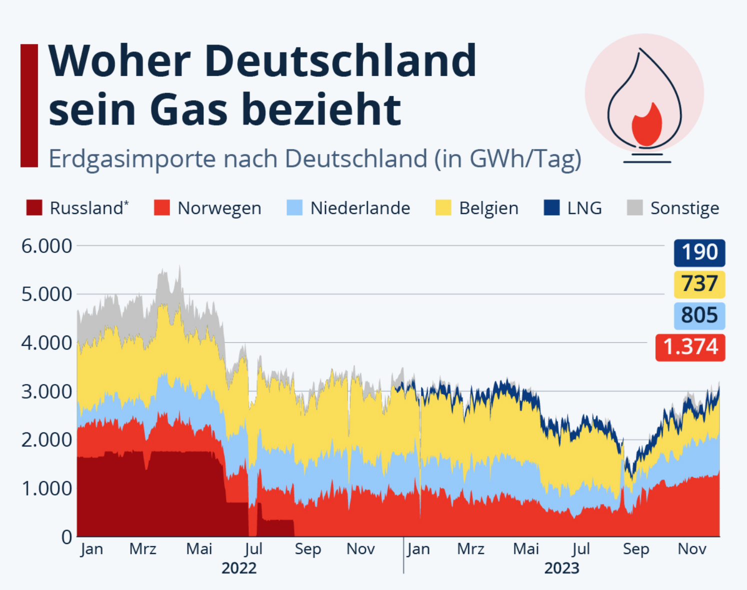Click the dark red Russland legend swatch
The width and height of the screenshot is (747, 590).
[x=34, y=207]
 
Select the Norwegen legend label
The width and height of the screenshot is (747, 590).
[x=219, y=208]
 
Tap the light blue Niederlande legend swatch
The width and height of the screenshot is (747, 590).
[x=294, y=207]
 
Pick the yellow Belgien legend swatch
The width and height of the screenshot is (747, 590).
[x=443, y=207]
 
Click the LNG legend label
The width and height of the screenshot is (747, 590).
[x=584, y=208]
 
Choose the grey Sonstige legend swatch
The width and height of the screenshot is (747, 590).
[x=634, y=207]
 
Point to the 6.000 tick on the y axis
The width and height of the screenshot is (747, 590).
[x=46, y=246]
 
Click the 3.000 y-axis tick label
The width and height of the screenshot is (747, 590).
[x=46, y=391]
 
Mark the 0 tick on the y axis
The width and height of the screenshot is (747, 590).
[x=66, y=537]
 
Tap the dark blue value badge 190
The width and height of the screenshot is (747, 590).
[x=699, y=252]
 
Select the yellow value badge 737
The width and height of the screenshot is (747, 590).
[x=699, y=284]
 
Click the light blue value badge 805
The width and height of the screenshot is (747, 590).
[x=699, y=315]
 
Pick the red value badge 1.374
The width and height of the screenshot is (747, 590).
[x=690, y=347]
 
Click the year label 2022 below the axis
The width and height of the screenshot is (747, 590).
[x=239, y=568]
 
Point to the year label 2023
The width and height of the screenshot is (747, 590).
[x=561, y=568]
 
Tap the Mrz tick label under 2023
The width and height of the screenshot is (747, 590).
[x=470, y=549]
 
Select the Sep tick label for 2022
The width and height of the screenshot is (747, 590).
[x=307, y=549]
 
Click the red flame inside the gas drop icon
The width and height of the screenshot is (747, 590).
[x=646, y=125]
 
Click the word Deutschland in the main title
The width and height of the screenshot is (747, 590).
[x=340, y=61]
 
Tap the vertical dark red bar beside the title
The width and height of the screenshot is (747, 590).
[x=29, y=105]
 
